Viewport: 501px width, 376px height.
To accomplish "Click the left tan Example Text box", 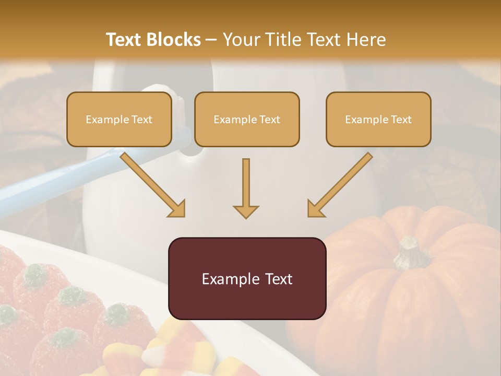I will coord(119,119).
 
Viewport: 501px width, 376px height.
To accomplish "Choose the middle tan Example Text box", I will coord(247,119).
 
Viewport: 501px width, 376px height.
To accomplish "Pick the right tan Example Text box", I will coord(378,119).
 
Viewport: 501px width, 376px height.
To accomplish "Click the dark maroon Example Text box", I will coord(247,278).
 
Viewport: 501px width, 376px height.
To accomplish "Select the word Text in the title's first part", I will coord(124,40).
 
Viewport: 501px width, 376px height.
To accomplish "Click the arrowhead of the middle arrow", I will coord(246,211).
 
